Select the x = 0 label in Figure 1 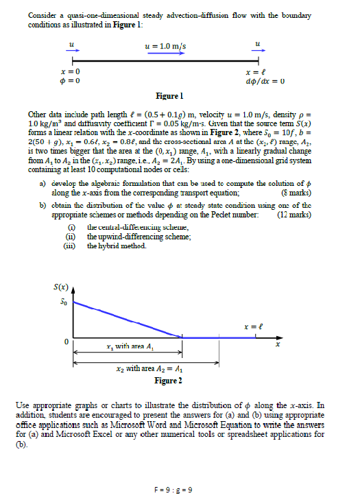(x=71, y=72)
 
